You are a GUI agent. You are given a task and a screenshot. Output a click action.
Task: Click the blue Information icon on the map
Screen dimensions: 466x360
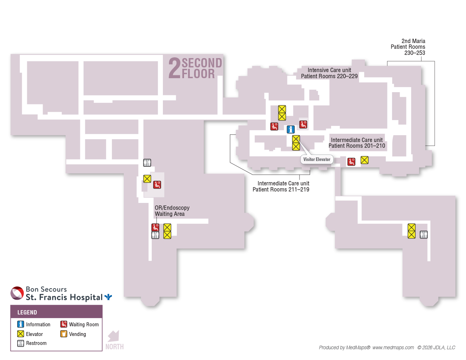click(291, 129)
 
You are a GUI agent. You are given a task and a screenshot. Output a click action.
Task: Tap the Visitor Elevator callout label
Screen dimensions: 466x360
click(316, 160)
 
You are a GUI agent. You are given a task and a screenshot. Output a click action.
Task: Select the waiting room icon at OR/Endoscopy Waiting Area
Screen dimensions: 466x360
click(155, 227)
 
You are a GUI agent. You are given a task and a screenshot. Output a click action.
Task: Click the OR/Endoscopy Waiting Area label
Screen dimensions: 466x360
click(172, 210)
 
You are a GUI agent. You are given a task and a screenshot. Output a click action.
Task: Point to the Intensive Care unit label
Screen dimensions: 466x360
click(329, 73)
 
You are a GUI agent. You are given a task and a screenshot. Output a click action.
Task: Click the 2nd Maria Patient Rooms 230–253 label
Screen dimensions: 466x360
click(408, 47)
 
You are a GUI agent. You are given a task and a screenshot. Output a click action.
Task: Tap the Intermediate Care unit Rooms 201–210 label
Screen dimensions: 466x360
click(357, 143)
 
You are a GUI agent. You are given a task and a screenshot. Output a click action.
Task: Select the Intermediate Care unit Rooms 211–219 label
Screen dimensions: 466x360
click(281, 186)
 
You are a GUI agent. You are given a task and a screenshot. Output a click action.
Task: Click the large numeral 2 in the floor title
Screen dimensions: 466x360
click(174, 68)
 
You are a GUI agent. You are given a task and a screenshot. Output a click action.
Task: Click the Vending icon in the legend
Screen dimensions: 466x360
click(64, 334)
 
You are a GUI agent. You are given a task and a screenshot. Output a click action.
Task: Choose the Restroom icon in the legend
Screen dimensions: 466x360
click(20, 343)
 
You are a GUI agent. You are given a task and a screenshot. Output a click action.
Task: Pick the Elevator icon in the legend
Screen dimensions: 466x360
click(20, 334)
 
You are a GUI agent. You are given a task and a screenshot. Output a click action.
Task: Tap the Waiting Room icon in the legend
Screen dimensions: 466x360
click(64, 324)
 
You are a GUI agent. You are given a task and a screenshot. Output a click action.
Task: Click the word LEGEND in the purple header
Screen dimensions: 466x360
click(27, 312)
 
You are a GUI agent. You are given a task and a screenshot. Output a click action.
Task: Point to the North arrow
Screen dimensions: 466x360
click(113, 336)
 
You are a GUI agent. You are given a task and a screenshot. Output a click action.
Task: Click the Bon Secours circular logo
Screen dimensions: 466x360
click(17, 293)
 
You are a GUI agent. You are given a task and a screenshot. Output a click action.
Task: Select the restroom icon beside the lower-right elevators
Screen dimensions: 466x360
click(424, 235)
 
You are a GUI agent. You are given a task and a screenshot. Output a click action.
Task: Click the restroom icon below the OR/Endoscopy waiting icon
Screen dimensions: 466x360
click(155, 235)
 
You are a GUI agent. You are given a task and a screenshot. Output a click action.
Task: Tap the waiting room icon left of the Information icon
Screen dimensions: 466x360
click(274, 127)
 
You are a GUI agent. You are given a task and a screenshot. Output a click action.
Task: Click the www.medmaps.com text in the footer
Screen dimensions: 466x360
click(393, 347)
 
